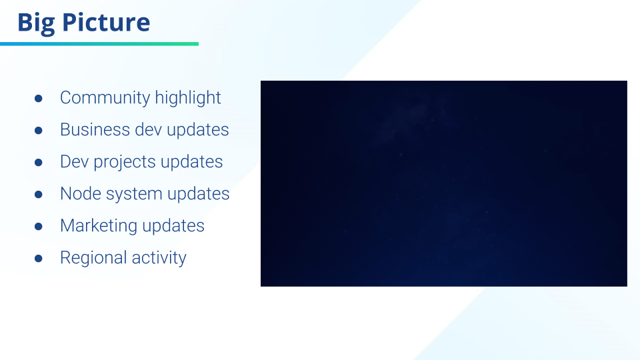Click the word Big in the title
(36, 23)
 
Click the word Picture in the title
(106, 22)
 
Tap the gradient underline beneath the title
(99, 44)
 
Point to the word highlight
(188, 98)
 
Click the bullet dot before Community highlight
(39, 99)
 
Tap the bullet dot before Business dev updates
(39, 130)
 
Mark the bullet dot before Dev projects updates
(39, 163)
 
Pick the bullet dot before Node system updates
(39, 194)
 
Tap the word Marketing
(99, 226)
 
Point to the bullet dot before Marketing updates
(39, 226)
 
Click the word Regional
(93, 258)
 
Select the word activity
(159, 258)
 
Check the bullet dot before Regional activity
(39, 259)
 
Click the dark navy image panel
(444, 184)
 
